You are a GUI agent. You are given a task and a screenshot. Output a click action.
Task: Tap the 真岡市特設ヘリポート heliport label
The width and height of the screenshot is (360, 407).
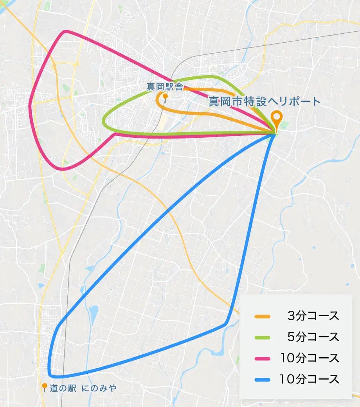264,102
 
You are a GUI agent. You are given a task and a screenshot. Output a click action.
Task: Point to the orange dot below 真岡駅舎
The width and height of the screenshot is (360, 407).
165,96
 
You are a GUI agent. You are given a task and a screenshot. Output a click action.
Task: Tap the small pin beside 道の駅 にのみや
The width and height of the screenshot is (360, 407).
45,387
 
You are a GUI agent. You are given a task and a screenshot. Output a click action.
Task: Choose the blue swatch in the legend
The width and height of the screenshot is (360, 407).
262,379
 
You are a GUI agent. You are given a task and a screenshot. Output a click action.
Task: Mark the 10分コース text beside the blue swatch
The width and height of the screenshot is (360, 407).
310,379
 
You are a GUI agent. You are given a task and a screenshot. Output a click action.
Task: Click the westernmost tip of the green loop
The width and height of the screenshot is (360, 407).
104,122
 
